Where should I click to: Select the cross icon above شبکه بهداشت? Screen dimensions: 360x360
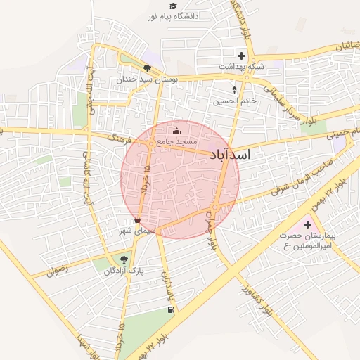pos(241,56)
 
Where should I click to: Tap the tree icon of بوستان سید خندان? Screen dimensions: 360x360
pos(146,68)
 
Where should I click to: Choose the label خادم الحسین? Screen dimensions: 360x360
pos(235,101)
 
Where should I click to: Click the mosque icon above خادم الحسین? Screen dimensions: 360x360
pos(235,89)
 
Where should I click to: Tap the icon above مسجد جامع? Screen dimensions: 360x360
pos(176,130)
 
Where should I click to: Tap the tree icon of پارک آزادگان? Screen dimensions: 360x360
pos(124,259)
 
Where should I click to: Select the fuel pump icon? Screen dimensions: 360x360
pos(169,309)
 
